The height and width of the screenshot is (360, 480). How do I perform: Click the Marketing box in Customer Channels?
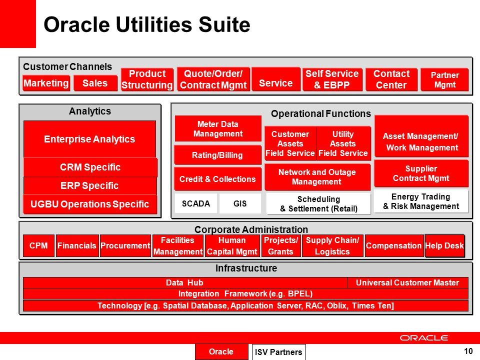click(46, 83)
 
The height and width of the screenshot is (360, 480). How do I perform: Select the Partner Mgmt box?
click(444, 79)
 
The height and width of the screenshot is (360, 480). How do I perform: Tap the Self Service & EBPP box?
click(332, 79)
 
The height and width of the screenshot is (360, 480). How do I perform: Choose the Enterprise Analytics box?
click(89, 139)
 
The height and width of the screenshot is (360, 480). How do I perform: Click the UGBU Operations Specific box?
click(90, 204)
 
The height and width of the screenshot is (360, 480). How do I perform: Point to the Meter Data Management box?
click(218, 128)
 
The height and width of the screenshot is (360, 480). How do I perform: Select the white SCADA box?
click(196, 203)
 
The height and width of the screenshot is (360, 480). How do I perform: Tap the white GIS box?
click(240, 203)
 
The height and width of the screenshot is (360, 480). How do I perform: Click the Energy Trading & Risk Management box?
click(421, 201)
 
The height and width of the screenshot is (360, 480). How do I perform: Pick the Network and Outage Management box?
click(317, 177)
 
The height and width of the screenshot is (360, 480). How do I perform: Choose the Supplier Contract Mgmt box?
click(421, 173)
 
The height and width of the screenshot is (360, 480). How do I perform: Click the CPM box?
click(38, 245)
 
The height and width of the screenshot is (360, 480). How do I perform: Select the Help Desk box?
click(444, 245)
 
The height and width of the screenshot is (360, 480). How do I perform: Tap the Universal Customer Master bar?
click(407, 282)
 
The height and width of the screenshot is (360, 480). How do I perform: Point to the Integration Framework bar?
click(245, 294)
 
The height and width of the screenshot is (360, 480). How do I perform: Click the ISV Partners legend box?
click(278, 352)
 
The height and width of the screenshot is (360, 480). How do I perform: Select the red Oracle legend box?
click(221, 351)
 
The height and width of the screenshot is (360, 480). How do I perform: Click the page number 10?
click(468, 351)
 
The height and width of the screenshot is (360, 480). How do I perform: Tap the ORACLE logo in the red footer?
click(423, 338)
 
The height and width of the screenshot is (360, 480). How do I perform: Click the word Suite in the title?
click(224, 24)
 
